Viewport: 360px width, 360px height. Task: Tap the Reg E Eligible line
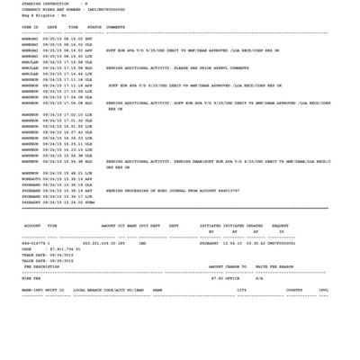[44, 15]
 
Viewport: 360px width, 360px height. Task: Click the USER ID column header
[30, 27]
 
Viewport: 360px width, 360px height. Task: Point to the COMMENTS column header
[115, 27]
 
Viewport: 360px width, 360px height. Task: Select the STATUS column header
[94, 27]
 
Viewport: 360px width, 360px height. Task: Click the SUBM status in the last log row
[88, 202]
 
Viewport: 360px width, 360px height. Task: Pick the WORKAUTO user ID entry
[31, 179]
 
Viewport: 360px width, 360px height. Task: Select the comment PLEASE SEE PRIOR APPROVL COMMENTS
[177, 68]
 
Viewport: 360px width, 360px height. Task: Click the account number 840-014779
[34, 243]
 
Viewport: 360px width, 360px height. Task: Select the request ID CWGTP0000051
[279, 243]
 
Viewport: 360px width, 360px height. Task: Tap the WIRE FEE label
[31, 278]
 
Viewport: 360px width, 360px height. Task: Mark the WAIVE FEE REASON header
[274, 267]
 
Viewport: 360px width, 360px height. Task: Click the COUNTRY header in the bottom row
[294, 291]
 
